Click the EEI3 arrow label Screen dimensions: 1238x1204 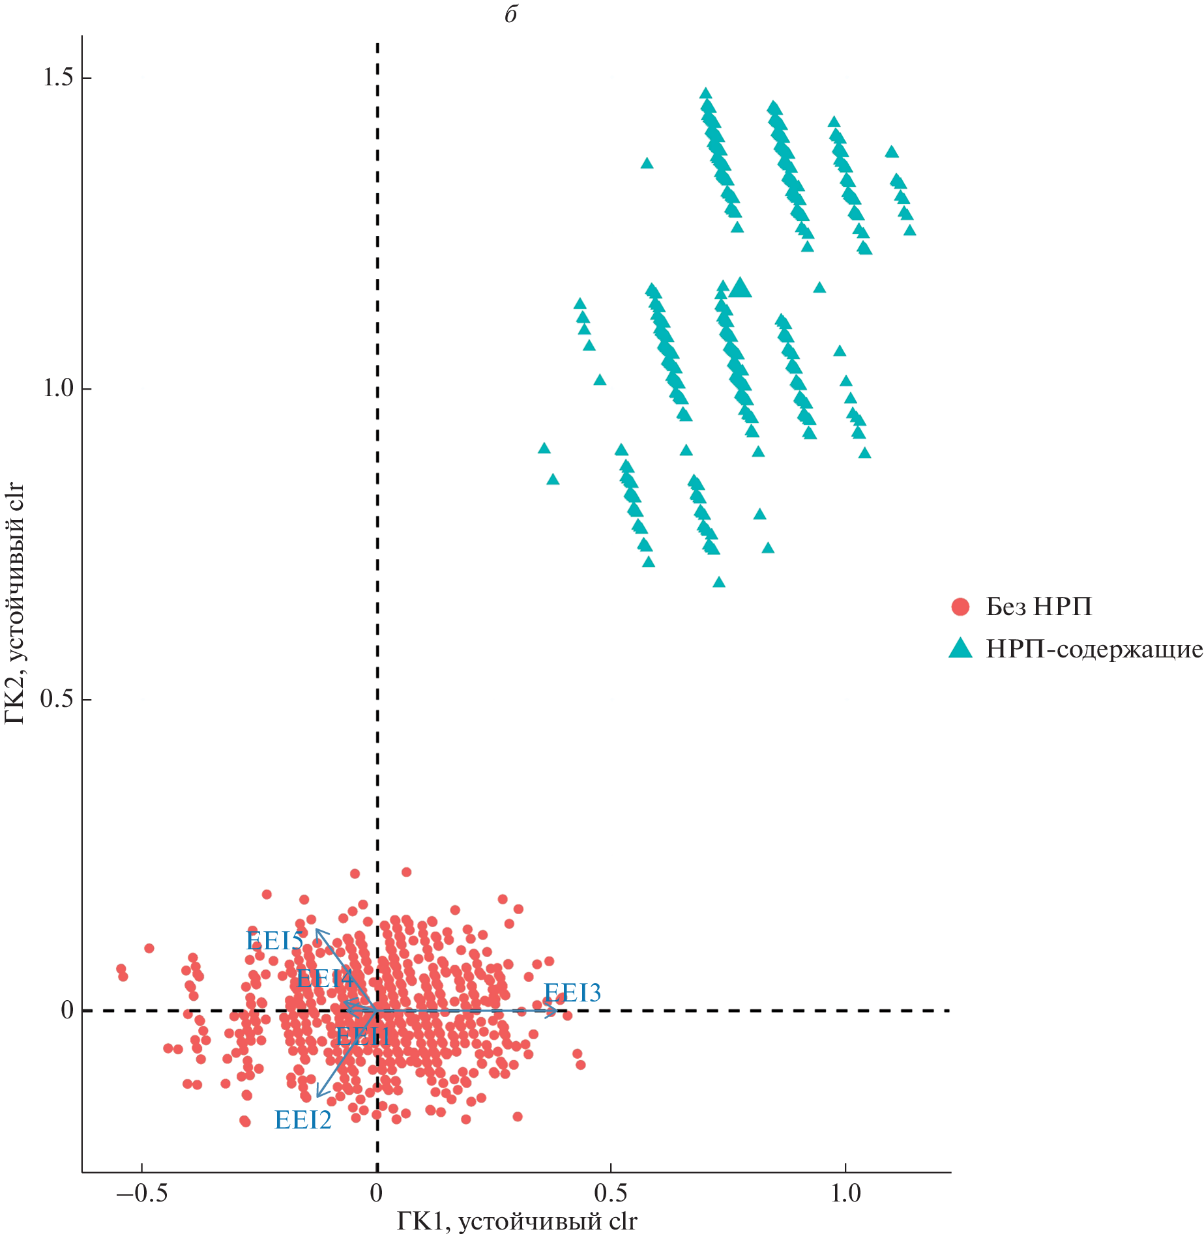click(x=572, y=993)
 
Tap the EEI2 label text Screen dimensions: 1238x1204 click(x=303, y=1120)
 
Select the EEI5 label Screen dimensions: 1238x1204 click(x=274, y=941)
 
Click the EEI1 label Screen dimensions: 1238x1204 click(x=362, y=1036)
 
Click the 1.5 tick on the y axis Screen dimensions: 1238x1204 click(x=57, y=78)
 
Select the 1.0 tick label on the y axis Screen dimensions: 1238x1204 click(x=57, y=388)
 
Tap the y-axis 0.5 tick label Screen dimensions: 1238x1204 click(x=57, y=699)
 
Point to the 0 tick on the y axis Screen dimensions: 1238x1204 click(x=66, y=1011)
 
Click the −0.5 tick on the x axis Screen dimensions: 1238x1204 click(x=141, y=1194)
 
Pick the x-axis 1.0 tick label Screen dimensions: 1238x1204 click(x=845, y=1194)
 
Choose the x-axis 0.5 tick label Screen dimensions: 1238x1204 click(x=611, y=1194)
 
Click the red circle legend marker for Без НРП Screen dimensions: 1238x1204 click(x=960, y=607)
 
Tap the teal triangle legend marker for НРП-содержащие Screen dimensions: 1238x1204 click(x=960, y=648)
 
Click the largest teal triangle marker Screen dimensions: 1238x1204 click(x=740, y=288)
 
